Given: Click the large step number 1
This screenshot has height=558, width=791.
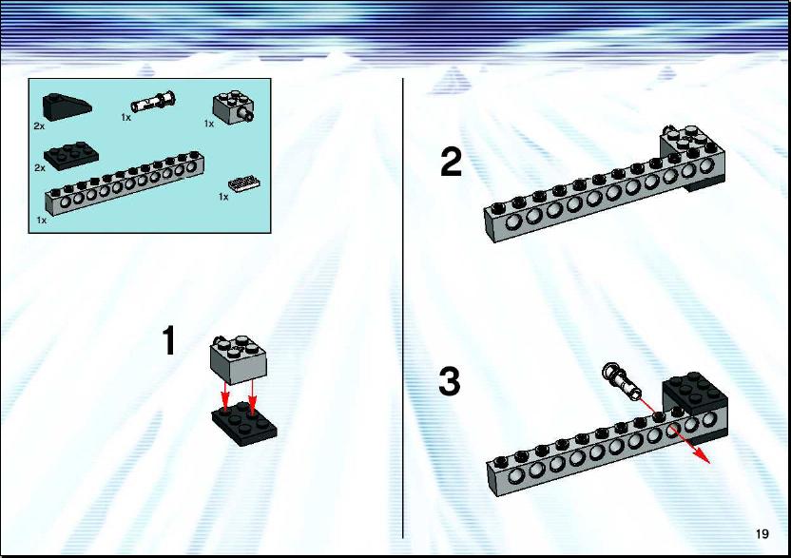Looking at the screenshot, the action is [x=169, y=340].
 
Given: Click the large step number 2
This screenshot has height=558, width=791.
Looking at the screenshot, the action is [x=451, y=162].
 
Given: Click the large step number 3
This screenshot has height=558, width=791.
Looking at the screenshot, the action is [x=450, y=382].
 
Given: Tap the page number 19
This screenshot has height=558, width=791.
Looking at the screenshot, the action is [x=762, y=533].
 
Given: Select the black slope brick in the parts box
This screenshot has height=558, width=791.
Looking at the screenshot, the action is [x=67, y=107].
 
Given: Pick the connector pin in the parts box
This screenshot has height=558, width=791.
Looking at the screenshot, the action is [x=153, y=102].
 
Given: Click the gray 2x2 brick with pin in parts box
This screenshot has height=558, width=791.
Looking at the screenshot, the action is [x=234, y=107].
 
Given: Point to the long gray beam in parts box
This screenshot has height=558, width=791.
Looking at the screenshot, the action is [x=125, y=183].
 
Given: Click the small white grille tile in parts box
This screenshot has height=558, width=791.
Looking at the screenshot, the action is [x=244, y=183].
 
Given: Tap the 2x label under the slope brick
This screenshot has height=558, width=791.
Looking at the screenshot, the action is [x=39, y=126].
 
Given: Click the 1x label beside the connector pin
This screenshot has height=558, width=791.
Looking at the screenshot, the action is [x=125, y=118].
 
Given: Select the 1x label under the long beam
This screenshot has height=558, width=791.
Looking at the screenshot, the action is [x=42, y=221].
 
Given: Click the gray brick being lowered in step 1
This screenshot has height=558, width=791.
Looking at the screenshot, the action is [x=239, y=358].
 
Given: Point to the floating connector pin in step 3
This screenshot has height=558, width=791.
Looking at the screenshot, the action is [x=621, y=379].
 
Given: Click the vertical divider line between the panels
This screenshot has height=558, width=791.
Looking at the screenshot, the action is [x=403, y=308].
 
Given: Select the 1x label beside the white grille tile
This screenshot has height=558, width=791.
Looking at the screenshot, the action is [x=223, y=197].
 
